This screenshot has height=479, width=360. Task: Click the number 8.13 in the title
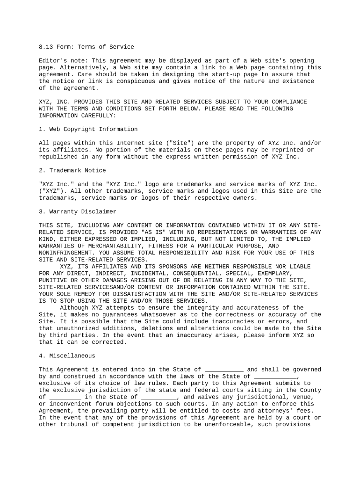click(x=46, y=47)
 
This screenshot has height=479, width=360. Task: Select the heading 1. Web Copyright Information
click(x=88, y=129)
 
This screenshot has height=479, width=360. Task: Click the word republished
click(x=58, y=157)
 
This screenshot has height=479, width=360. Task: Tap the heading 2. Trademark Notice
click(x=72, y=170)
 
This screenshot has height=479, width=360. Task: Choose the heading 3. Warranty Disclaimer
click(x=78, y=211)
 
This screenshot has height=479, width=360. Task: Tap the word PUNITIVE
click(x=53, y=281)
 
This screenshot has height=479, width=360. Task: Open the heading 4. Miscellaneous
click(x=67, y=356)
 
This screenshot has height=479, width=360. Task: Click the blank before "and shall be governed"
click(x=224, y=370)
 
